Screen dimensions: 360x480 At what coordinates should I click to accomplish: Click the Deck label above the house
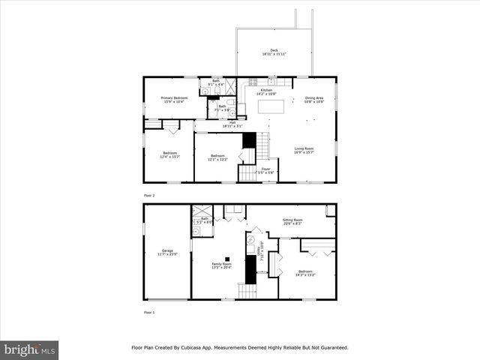click(274, 52)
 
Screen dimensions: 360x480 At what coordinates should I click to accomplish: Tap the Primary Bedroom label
click(175, 99)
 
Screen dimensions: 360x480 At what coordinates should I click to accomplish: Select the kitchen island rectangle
click(271, 106)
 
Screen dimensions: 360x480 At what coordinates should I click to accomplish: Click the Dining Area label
click(313, 99)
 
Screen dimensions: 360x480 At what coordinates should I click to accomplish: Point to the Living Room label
click(304, 150)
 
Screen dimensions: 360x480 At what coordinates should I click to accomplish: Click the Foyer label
click(265, 170)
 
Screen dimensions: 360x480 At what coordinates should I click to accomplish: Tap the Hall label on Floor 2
click(232, 124)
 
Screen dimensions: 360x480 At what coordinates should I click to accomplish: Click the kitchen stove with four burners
click(253, 82)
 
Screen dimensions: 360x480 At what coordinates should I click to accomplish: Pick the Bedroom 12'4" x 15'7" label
click(170, 155)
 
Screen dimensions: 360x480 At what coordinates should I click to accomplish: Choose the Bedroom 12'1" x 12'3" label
click(217, 157)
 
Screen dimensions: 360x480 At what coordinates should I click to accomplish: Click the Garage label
click(167, 252)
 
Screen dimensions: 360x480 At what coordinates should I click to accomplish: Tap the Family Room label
click(222, 265)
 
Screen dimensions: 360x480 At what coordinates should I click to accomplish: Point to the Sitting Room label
click(292, 221)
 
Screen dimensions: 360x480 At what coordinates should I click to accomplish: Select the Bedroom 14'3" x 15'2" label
click(305, 273)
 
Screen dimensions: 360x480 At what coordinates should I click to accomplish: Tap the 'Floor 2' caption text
click(148, 195)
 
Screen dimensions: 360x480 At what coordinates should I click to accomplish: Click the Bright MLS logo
click(29, 349)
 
